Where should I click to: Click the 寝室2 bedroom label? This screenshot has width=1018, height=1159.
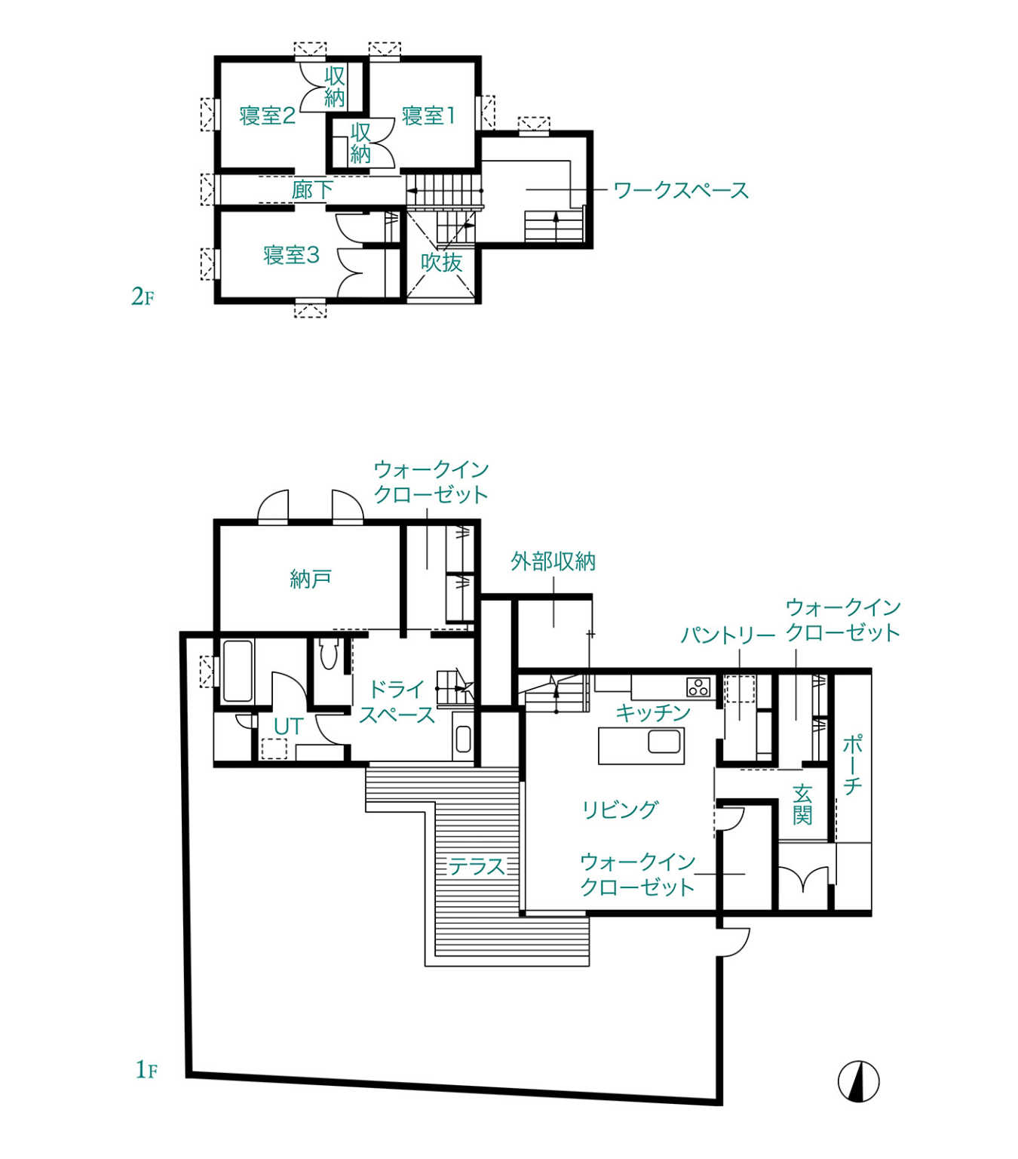[x=267, y=116]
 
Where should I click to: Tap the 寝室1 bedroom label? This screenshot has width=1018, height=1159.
[x=428, y=116]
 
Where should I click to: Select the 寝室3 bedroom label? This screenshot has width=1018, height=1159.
[x=291, y=254]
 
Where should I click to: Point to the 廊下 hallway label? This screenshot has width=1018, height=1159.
[x=312, y=190]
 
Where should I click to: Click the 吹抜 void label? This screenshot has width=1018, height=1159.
[x=441, y=263]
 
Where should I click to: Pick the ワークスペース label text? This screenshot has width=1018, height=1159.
[x=681, y=190]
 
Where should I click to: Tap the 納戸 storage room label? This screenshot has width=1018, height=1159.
[x=311, y=579]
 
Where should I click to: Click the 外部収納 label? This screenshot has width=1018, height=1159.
[x=553, y=561]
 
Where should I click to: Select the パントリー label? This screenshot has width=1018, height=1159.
[x=728, y=635]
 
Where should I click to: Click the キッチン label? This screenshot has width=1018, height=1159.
[x=653, y=713]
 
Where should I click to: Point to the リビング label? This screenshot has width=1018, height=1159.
[x=620, y=810]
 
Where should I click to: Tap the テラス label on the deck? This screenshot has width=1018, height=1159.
[x=476, y=866]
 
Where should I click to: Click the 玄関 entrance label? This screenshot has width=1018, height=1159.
[x=802, y=805]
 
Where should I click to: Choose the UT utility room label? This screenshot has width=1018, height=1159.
[x=287, y=727]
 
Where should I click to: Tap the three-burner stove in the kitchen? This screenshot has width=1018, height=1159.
[x=698, y=687]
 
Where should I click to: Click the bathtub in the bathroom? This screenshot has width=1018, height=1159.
[x=238, y=671]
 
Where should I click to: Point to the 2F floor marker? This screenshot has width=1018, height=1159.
[x=143, y=297]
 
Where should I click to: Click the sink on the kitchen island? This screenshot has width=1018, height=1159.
[x=664, y=742]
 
